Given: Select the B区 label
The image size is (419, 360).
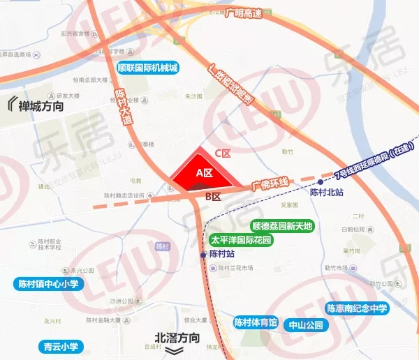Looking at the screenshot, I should click(213, 197).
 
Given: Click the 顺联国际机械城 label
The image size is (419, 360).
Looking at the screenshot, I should click(147, 68).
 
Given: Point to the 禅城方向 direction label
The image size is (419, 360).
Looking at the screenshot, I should click(36, 106).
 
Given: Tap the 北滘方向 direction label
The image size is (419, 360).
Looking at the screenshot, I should click(178, 338).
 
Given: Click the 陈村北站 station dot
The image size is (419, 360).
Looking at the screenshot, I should click(321, 181).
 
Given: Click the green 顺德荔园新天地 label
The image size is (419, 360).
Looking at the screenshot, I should click(282, 226).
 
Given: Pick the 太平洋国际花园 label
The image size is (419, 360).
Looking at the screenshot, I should click(241, 240).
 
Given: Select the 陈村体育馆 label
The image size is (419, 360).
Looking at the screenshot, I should click(256, 322).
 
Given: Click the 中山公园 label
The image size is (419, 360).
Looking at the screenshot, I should click(307, 324).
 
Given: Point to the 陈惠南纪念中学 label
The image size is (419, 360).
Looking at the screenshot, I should click(357, 308).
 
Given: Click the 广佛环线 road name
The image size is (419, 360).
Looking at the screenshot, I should click(270, 184).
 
